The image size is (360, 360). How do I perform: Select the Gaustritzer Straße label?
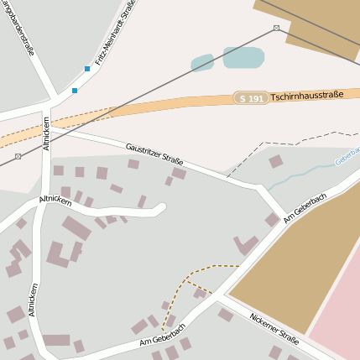(x=154, y=154)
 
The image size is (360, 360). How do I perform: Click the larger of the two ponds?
(x=243, y=58)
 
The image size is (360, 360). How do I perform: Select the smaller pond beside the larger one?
(x=202, y=63)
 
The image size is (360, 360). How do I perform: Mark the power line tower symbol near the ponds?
(x=277, y=29)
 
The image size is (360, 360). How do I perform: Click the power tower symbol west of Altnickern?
(x=18, y=156)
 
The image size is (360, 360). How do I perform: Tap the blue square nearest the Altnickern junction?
(x=75, y=90)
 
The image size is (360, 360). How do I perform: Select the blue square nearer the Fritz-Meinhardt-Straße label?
(x=87, y=69)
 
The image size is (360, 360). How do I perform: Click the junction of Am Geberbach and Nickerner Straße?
(x=221, y=297)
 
